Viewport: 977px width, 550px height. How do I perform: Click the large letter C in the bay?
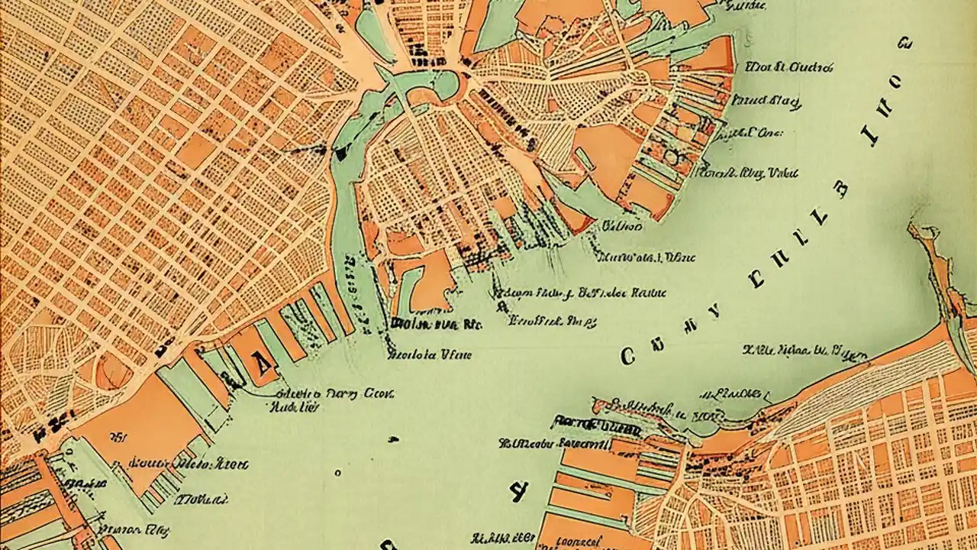[628, 356]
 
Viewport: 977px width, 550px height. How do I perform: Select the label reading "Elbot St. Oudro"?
[788, 67]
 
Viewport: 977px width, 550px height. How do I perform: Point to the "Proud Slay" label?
[765, 100]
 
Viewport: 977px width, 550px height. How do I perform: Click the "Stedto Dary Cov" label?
[334, 394]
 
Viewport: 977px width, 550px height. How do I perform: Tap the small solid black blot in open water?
[393, 439]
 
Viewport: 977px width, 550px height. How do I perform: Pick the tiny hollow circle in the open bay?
[338, 471]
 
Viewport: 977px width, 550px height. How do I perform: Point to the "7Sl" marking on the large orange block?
[118, 438]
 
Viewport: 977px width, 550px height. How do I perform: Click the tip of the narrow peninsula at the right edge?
[913, 227]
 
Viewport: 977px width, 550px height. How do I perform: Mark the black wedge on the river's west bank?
[339, 154]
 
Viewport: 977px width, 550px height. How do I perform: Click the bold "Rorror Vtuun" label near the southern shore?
[586, 421]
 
